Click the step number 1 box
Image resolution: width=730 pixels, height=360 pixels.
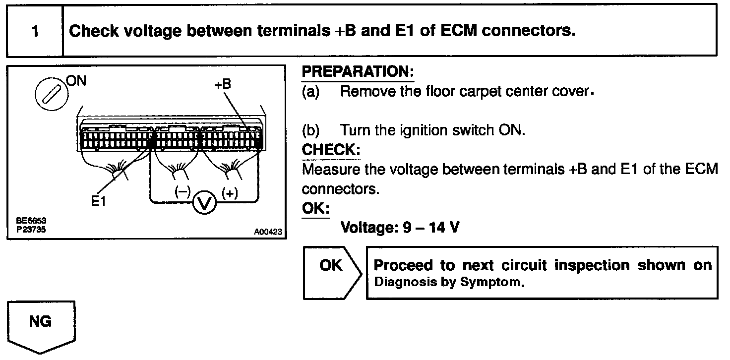pyautogui.click(x=35, y=31)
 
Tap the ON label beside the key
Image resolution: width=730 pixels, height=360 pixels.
pyautogui.click(x=76, y=81)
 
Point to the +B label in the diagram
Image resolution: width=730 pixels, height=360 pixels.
pyautogui.click(x=223, y=84)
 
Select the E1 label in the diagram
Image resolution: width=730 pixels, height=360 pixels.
pyautogui.click(x=98, y=201)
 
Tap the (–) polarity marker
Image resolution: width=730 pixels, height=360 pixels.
pyautogui.click(x=182, y=192)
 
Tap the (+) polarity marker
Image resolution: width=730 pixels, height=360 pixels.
pyautogui.click(x=230, y=192)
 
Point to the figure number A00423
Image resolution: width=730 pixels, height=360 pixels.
pyautogui.click(x=268, y=232)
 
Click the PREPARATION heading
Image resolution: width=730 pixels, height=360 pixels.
pyautogui.click(x=358, y=72)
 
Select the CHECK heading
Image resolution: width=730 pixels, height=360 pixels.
pyautogui.click(x=331, y=150)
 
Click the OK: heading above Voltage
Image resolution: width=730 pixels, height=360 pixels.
pyautogui.click(x=315, y=208)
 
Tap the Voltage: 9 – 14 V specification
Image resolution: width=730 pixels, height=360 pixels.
pyautogui.click(x=400, y=228)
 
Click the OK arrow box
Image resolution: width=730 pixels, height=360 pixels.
pyautogui.click(x=331, y=267)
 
